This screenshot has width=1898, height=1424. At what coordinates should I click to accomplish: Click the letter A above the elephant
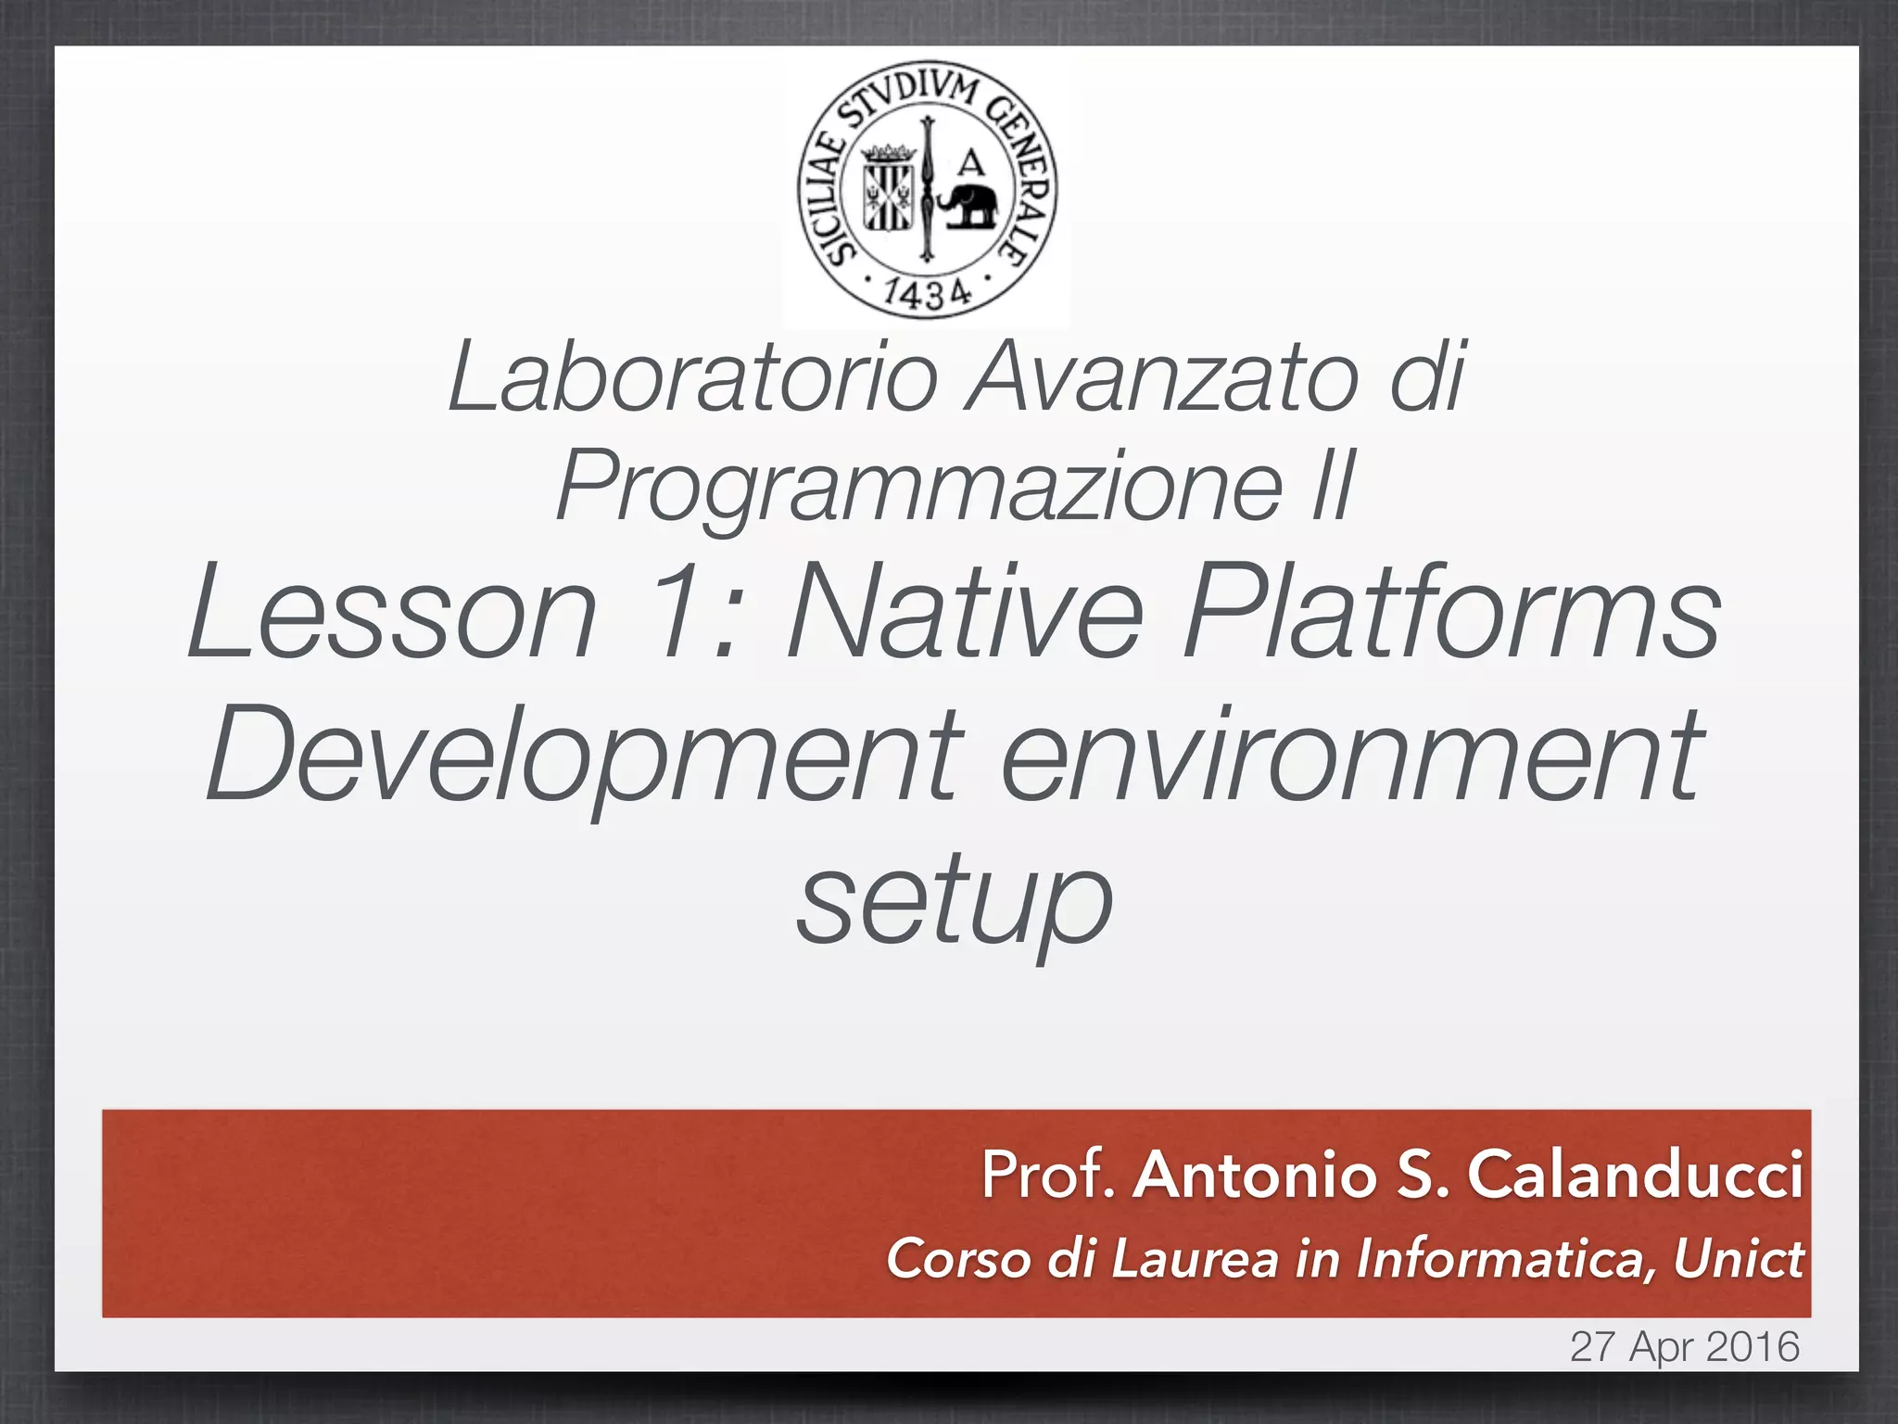(x=970, y=164)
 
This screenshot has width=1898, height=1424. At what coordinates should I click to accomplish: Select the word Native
(x=964, y=616)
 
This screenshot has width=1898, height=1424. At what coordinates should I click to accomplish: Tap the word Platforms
(x=1450, y=616)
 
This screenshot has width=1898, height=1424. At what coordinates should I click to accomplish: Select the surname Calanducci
(x=1634, y=1175)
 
